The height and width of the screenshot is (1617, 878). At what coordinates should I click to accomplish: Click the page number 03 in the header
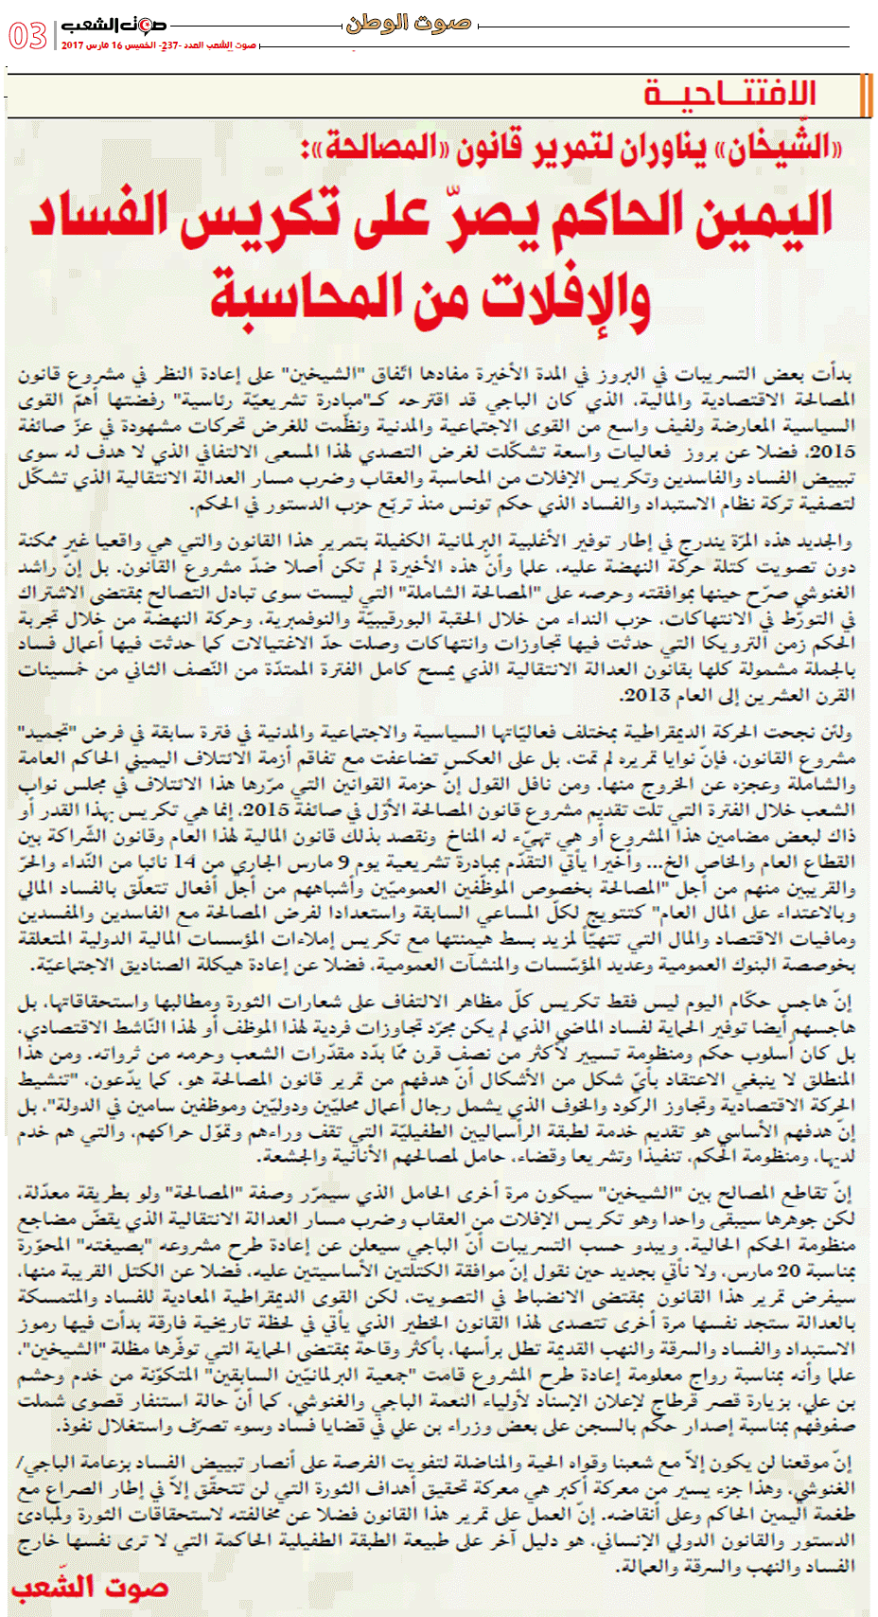coord(28,36)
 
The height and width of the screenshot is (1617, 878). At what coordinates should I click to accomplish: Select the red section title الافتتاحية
coord(729,94)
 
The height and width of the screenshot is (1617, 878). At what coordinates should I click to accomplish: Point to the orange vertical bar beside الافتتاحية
coord(866,94)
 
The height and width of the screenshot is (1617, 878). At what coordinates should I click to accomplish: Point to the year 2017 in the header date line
coord(73,45)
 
